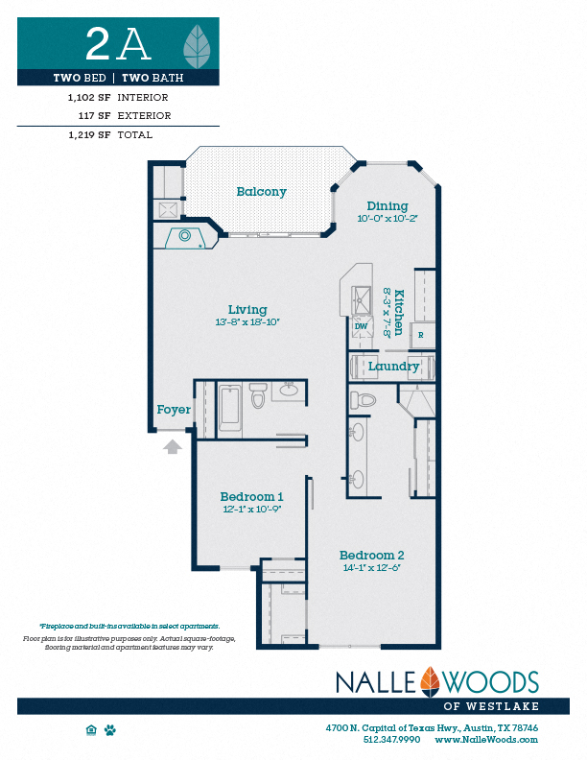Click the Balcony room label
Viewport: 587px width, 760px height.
(x=261, y=192)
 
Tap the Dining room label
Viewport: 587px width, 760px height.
(x=387, y=205)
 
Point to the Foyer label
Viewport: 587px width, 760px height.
(x=174, y=410)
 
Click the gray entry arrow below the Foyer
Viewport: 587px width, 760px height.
(x=173, y=445)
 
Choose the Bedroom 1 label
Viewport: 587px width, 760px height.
(x=251, y=496)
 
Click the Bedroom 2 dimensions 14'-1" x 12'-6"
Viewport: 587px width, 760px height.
(x=371, y=568)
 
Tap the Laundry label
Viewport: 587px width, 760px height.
(x=393, y=367)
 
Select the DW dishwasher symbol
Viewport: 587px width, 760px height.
(x=362, y=326)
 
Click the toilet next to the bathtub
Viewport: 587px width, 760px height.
(x=257, y=396)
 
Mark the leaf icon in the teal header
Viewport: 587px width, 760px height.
(x=200, y=43)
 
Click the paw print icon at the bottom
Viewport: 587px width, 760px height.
(x=110, y=730)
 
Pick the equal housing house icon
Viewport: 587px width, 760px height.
(x=91, y=730)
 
